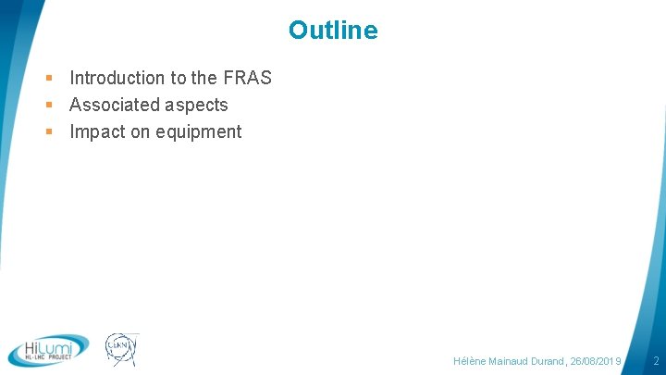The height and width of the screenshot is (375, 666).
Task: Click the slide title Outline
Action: pos(333,31)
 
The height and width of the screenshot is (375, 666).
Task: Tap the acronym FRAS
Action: pos(247,78)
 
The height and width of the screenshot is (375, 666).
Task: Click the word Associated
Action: pos(111,105)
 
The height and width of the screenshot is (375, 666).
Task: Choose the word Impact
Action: pos(97,131)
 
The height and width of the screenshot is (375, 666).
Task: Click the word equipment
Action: pos(198,132)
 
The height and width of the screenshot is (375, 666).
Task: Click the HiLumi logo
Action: pos(48,349)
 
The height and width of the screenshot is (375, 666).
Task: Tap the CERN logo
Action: pos(120,349)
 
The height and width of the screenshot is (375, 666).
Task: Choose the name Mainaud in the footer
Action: pos(509,360)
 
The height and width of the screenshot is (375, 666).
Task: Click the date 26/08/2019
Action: pos(597,360)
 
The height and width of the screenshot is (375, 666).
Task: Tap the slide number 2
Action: pos(656,360)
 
